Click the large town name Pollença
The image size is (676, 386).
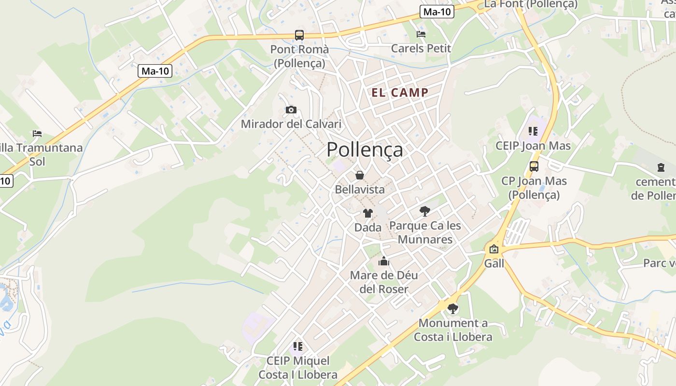(x=365, y=150)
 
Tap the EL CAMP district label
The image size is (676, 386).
(x=400, y=93)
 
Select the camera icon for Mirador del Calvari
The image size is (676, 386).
(x=291, y=110)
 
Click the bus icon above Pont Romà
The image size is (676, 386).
(x=299, y=35)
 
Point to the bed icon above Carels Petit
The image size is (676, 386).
(x=421, y=34)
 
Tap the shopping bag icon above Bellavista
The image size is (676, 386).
(x=360, y=175)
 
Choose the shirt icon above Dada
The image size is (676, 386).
(x=368, y=213)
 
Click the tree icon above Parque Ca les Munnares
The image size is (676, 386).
(x=425, y=211)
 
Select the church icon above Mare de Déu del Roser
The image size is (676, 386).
(x=384, y=261)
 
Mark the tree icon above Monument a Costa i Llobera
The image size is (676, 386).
(x=452, y=308)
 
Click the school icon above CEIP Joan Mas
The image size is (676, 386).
(x=533, y=131)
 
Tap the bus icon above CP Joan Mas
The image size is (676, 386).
(x=534, y=166)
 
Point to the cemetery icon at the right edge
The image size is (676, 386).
(x=661, y=167)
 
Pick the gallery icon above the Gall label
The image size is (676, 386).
(x=493, y=249)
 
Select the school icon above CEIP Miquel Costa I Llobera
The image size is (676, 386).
(x=298, y=346)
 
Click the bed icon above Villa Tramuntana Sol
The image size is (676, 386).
(x=37, y=133)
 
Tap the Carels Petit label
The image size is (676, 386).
(x=421, y=48)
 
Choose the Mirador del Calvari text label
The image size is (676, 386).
(x=291, y=124)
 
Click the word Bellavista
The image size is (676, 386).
(x=360, y=189)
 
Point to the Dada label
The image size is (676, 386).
(x=368, y=227)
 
